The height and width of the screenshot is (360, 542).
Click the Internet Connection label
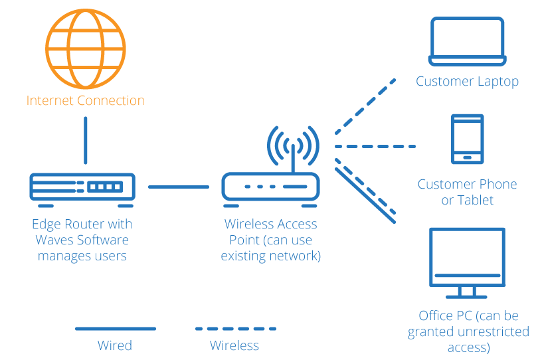(85, 101)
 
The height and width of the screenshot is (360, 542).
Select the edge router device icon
(83, 187)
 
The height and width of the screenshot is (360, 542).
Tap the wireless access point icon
(271, 187)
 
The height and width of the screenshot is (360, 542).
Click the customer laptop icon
(467, 42)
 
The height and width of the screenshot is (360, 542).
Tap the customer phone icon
(467, 139)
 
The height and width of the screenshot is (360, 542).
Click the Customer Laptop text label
(467, 82)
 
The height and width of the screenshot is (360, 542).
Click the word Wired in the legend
(115, 345)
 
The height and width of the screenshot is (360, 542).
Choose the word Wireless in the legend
(234, 345)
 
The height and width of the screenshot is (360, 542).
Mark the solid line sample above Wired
(115, 328)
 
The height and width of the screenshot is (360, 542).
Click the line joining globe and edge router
(85, 140)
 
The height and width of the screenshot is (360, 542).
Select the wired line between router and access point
(178, 187)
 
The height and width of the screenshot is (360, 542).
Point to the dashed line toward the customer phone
(375, 146)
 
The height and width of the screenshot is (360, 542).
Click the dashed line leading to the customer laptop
(365, 106)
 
